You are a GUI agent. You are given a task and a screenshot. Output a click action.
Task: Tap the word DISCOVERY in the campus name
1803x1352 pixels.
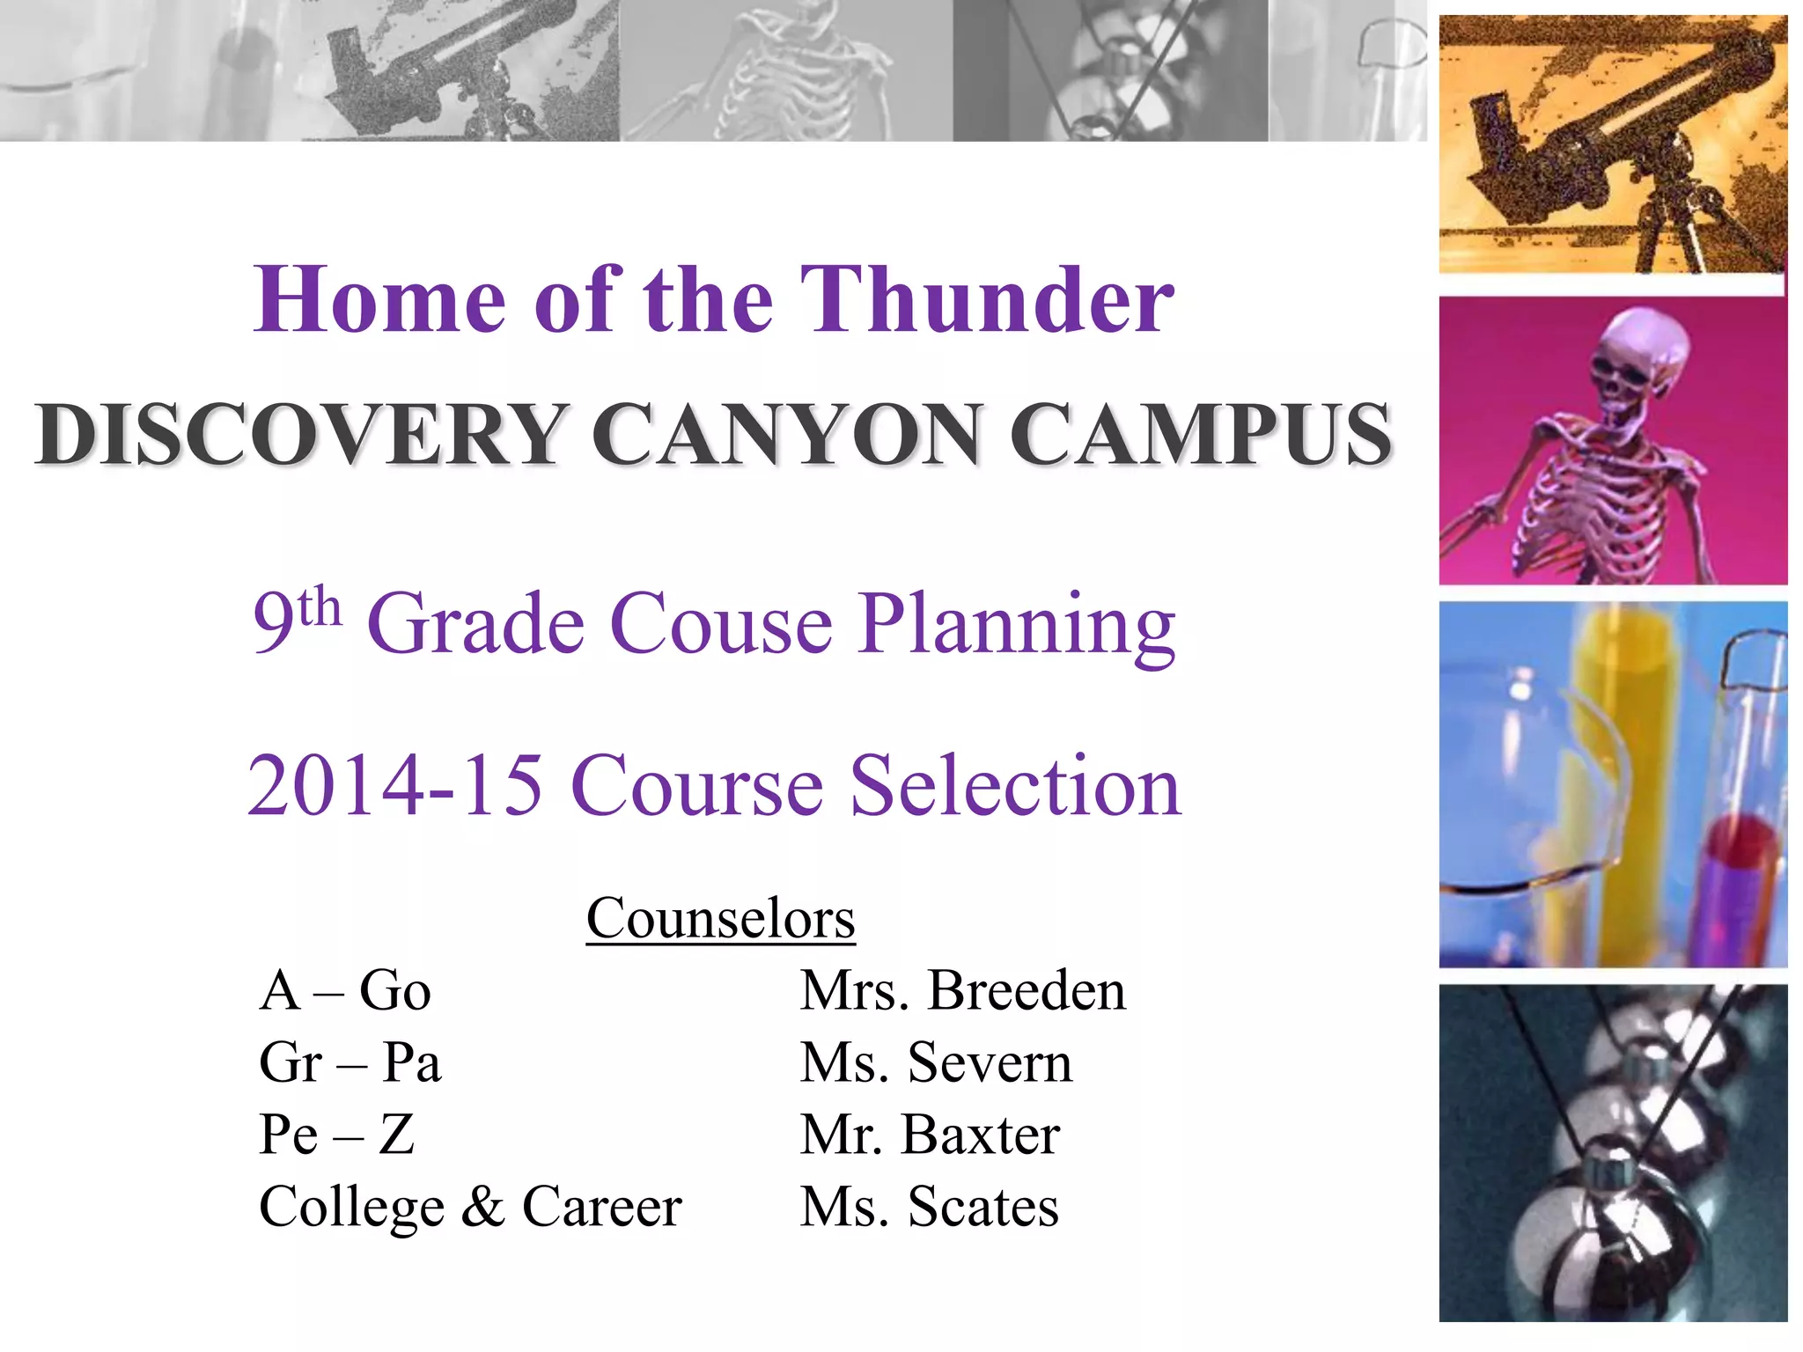click(x=299, y=434)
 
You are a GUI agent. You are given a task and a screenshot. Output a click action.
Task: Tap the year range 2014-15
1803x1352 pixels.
click(x=394, y=785)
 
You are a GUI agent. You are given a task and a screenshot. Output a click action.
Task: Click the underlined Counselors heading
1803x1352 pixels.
click(x=720, y=918)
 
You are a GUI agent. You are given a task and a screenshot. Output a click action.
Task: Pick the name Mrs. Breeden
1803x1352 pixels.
click(x=962, y=990)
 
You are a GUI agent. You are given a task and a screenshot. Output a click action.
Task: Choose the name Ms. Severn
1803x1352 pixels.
click(x=936, y=1062)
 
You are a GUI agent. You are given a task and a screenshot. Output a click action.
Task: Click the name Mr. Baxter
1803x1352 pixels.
click(x=930, y=1135)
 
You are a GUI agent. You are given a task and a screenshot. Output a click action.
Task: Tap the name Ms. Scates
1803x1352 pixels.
click(x=929, y=1207)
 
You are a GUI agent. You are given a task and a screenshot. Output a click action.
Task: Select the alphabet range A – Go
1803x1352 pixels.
click(x=345, y=990)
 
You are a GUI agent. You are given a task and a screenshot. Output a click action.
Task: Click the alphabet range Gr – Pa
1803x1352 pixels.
click(x=350, y=1062)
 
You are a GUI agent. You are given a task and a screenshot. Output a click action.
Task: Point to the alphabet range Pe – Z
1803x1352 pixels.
click(x=336, y=1135)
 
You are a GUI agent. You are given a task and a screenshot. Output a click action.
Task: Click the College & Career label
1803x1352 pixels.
click(x=470, y=1207)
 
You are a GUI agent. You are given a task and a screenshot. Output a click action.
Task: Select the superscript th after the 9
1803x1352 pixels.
click(x=320, y=607)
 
